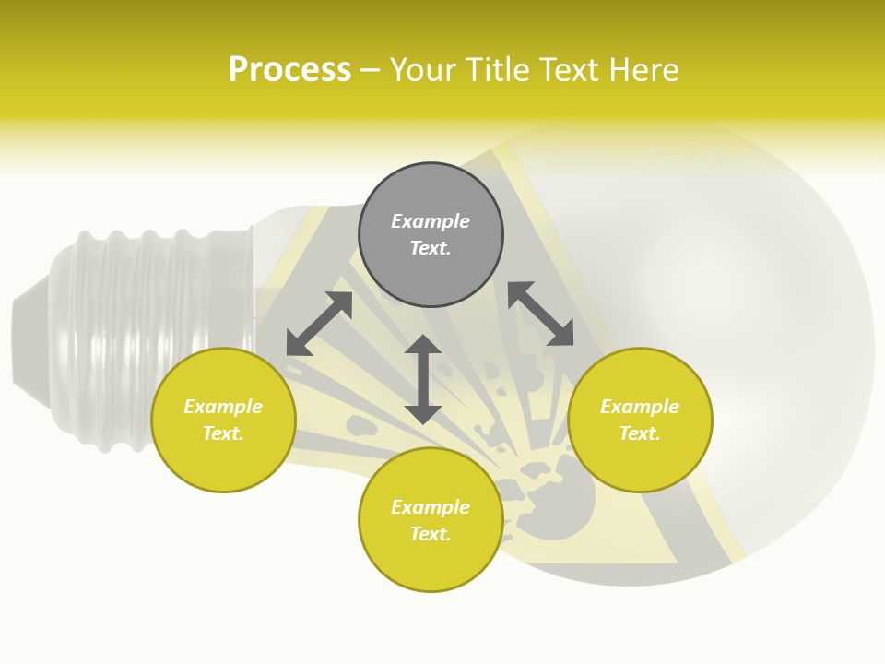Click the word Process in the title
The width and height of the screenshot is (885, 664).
coord(289,70)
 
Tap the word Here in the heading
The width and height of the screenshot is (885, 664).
coord(644,70)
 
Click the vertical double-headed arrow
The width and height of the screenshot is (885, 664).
coord(423,379)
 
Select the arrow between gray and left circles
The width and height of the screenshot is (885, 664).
coord(319,324)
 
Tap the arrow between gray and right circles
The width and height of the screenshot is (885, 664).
coord(541,314)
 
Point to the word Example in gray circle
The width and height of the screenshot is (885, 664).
coord(431,221)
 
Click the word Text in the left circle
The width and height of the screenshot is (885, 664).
coord(223,433)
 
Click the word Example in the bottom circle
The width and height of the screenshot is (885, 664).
coord(431,507)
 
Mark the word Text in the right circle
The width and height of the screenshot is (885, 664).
coord(640,433)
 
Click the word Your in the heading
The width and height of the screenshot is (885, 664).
coord(422,70)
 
